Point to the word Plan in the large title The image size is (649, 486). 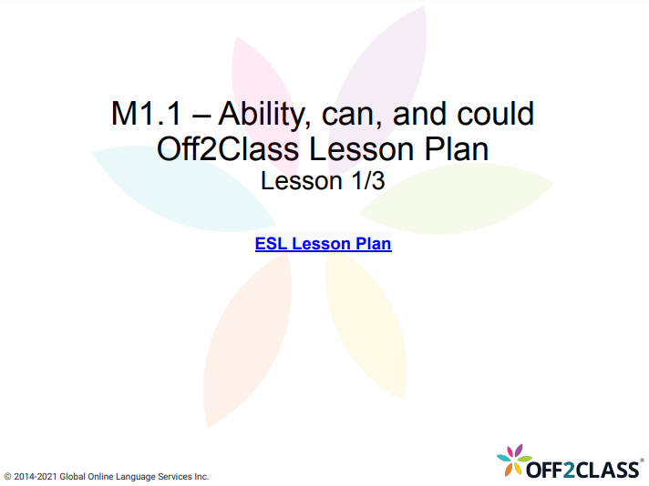pos(458,147)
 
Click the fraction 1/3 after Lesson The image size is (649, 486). pos(364,180)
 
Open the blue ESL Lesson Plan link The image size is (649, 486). pos(323,244)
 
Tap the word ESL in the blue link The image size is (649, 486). pos(271,244)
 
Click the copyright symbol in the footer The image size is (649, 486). pos(8,476)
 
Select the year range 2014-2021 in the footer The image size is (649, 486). pos(36,476)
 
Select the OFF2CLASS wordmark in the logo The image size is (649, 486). pos(582,469)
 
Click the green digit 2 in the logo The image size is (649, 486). pos(572,469)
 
